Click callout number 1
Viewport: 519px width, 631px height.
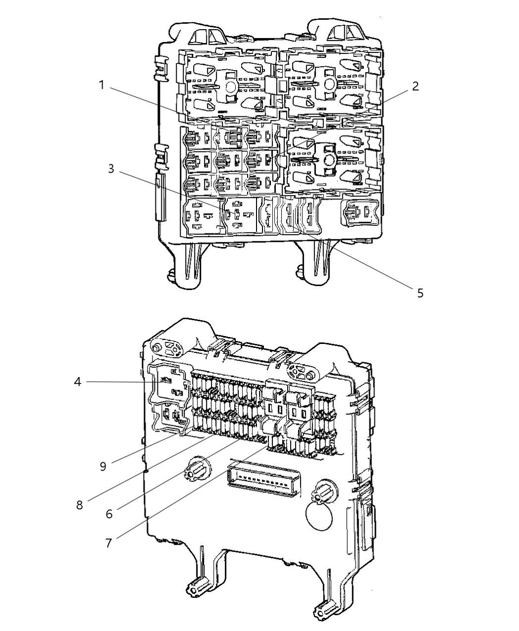click(x=102, y=85)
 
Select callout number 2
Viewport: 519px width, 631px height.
click(x=415, y=86)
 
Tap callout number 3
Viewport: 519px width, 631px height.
click(x=111, y=169)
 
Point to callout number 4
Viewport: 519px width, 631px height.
click(x=77, y=382)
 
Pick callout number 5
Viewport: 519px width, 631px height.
click(x=420, y=293)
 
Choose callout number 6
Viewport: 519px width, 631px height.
click(x=108, y=514)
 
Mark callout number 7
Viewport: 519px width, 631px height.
click(x=108, y=542)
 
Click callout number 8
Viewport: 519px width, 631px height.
click(x=79, y=505)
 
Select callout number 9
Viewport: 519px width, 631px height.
click(x=103, y=467)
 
